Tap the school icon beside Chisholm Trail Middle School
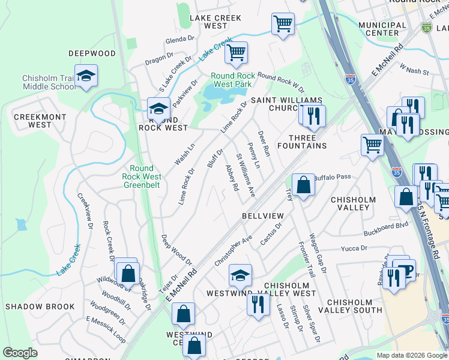(86, 76)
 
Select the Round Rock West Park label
(232, 80)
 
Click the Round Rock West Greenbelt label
(142, 177)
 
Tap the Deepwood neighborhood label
(91, 53)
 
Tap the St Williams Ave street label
(246, 175)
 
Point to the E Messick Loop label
(106, 329)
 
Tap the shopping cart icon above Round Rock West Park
(236, 53)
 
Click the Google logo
(20, 353)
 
